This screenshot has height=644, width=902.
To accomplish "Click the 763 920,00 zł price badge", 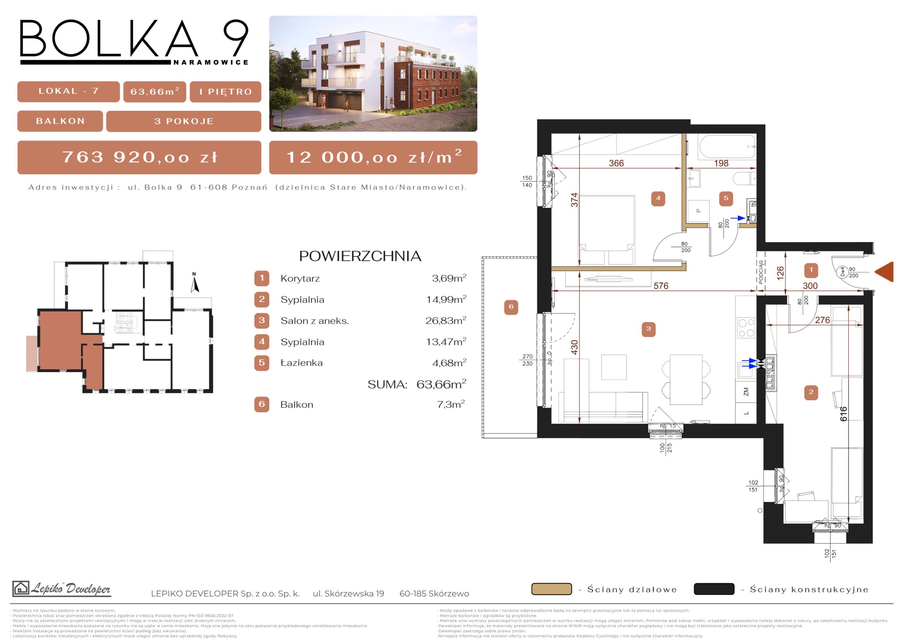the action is click(x=139, y=157).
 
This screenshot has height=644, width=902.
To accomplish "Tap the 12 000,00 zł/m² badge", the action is click(x=373, y=157).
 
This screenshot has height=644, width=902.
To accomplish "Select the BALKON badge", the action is click(x=60, y=121).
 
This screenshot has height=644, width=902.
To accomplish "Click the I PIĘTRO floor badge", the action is click(x=225, y=91).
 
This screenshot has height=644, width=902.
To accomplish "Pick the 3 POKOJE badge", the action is click(x=184, y=121).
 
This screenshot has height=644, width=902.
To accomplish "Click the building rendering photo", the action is click(x=373, y=74).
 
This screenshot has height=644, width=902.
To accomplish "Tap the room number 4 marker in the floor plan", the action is click(x=658, y=198).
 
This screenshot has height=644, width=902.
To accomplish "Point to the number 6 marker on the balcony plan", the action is click(x=511, y=307).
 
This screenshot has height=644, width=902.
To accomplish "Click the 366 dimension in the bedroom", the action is click(x=617, y=163).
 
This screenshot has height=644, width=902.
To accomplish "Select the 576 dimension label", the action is click(x=661, y=285).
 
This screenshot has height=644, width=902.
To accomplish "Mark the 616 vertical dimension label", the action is click(x=843, y=413).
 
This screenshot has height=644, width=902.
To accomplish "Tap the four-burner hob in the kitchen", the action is click(x=746, y=328).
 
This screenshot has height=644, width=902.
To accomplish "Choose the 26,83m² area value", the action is click(x=446, y=320).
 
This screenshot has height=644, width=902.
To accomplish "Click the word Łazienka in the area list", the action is click(x=301, y=363).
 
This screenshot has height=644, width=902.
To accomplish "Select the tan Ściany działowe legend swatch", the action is click(x=551, y=589).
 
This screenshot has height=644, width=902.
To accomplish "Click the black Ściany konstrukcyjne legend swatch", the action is click(x=714, y=589).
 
